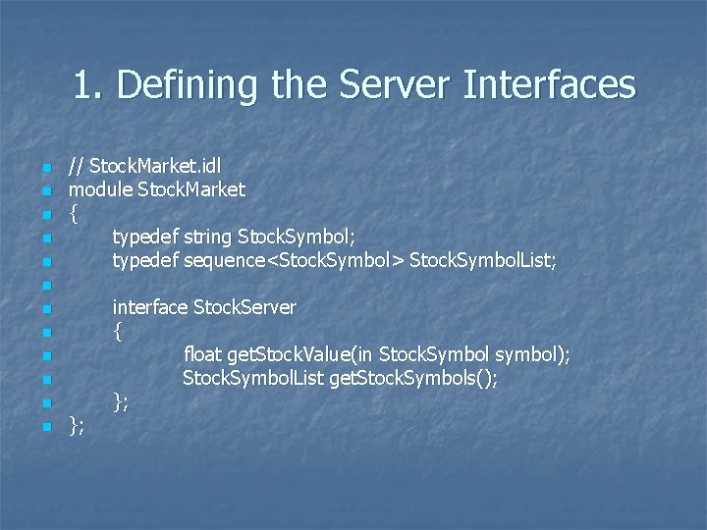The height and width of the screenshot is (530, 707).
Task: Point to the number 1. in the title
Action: click(x=88, y=85)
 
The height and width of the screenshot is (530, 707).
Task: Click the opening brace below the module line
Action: click(x=74, y=212)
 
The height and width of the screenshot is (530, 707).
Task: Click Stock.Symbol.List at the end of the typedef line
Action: click(x=482, y=260)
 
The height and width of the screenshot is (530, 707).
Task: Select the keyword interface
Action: click(x=149, y=307)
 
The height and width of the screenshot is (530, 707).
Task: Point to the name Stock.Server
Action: click(x=245, y=307)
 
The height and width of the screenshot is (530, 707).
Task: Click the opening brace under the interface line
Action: click(x=118, y=332)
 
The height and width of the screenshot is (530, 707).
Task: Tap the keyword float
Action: click(x=202, y=354)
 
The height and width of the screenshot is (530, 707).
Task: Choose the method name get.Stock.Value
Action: click(x=288, y=354)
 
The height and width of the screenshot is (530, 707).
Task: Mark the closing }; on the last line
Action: click(x=77, y=424)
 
